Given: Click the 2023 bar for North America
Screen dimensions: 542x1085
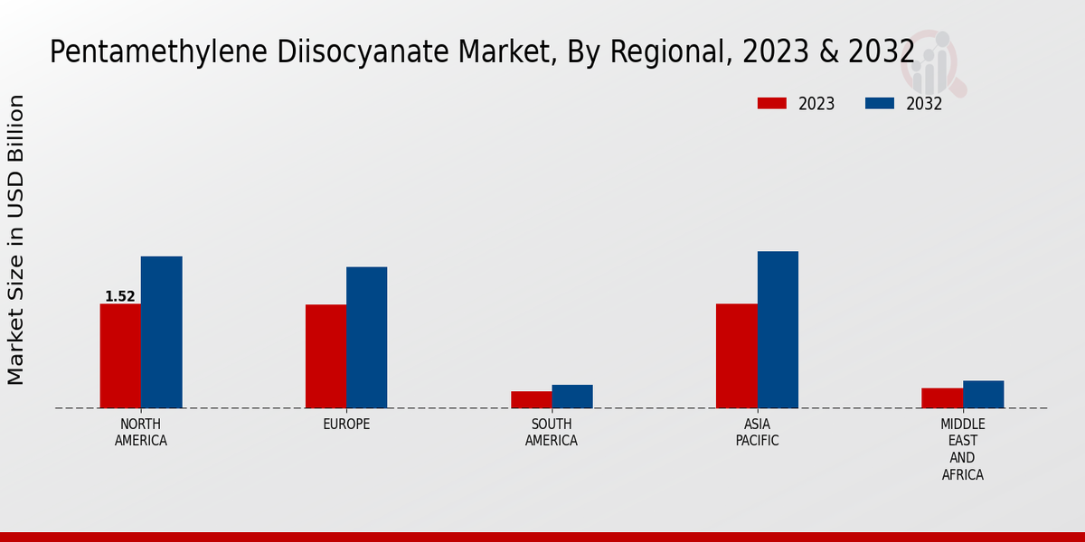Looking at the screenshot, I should (x=120, y=356).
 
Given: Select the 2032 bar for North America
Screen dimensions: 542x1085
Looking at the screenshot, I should (x=161, y=332).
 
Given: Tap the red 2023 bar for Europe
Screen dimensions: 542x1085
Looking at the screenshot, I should (x=325, y=357).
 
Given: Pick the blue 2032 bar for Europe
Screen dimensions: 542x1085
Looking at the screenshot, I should (x=366, y=338).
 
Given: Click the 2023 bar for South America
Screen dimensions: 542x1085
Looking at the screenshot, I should (x=531, y=399).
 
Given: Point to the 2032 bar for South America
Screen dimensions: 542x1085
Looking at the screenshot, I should (x=572, y=397).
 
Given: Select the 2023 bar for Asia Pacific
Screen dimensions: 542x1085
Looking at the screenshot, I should (x=736, y=356).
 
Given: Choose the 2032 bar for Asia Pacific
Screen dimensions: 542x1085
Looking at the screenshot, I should (x=778, y=330).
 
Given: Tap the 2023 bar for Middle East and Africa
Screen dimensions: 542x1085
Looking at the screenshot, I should (x=942, y=398).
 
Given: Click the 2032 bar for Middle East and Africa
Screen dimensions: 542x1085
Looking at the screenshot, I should (x=983, y=395).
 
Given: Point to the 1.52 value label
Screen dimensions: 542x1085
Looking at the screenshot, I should (x=120, y=296).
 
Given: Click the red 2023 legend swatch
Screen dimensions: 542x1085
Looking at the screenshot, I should (x=771, y=104).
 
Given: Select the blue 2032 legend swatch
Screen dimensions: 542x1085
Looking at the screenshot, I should (x=879, y=104).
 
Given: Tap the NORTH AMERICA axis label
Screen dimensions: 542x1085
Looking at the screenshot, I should (x=141, y=433).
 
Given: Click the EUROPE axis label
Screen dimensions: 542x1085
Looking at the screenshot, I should (x=346, y=425).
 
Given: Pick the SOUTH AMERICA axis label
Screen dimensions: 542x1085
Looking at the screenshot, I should (x=552, y=433).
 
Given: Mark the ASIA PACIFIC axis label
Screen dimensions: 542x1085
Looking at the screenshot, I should (x=757, y=433).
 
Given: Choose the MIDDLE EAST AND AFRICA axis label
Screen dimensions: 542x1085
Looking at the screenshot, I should (x=962, y=449).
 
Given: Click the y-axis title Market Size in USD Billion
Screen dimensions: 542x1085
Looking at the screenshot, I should (x=16, y=239).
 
